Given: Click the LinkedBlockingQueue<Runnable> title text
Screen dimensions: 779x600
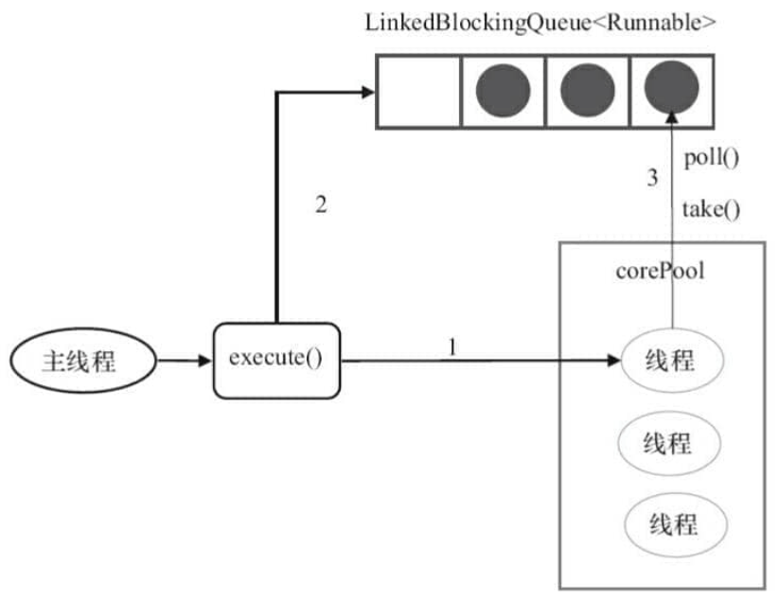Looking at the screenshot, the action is click(540, 24).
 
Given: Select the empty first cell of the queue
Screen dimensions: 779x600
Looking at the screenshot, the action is click(418, 92).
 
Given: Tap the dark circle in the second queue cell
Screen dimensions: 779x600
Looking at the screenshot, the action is click(503, 91).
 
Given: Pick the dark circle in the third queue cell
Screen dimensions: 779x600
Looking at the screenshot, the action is click(587, 91).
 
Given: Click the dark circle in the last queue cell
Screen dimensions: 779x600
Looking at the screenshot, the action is click(672, 88).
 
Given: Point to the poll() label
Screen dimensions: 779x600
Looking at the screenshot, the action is click(712, 158).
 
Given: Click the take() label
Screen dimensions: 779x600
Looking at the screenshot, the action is click(711, 209).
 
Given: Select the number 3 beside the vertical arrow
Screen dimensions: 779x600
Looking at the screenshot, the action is click(652, 178).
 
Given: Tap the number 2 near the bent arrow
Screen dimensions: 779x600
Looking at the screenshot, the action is click(322, 204).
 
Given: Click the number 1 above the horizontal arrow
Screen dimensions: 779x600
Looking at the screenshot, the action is click(452, 347).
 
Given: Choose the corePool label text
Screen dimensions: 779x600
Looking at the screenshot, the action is click(661, 272).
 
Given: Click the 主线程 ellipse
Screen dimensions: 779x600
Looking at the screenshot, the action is click(83, 361).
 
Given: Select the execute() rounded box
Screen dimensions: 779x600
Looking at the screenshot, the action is click(276, 361).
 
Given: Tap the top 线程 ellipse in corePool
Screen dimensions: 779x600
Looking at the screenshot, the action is click(672, 361).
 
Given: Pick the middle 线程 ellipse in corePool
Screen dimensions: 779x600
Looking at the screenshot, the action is click(668, 443).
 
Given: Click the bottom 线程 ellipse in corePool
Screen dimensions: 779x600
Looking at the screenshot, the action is click(676, 525).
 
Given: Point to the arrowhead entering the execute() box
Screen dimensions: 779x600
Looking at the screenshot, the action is click(205, 361).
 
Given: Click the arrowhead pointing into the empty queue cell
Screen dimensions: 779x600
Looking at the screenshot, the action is click(368, 92).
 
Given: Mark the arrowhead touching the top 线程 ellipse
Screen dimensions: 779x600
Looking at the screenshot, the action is click(614, 361).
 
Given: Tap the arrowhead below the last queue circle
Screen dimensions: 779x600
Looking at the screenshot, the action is click(672, 117).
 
